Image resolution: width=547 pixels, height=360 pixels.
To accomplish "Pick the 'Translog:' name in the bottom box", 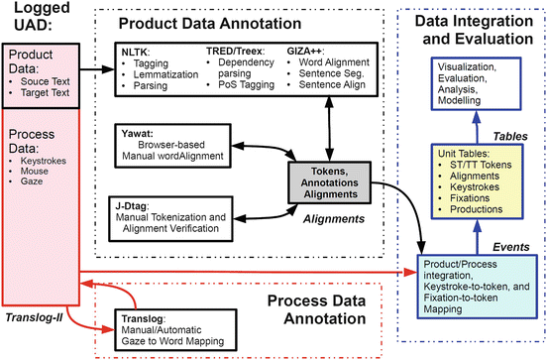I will click(x=142, y=319).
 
